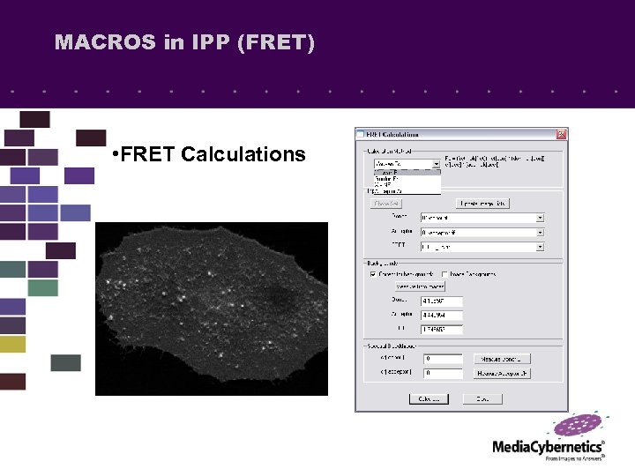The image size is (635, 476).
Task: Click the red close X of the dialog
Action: point(561,134)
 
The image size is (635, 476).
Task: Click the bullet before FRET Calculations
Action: point(116,155)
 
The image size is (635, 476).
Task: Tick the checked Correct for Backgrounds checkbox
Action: point(373,274)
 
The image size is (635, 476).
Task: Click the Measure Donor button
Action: point(503,359)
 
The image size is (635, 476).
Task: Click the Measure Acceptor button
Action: point(503,373)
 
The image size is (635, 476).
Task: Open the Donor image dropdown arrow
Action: point(540,217)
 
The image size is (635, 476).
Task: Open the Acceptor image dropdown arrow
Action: point(540,233)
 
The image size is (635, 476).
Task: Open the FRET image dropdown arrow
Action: point(540,248)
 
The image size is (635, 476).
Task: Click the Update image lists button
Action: point(482,203)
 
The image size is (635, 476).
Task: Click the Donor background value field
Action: point(441,301)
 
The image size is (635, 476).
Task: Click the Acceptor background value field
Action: point(441,316)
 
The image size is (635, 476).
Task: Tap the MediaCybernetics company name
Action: point(548,447)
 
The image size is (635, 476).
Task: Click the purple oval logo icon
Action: point(580,426)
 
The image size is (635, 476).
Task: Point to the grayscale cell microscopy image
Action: point(211,309)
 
